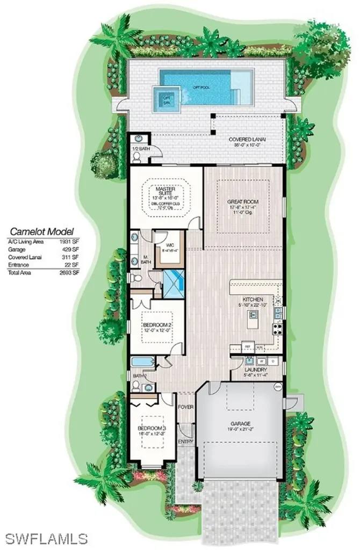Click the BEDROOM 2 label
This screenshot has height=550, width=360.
[156, 325]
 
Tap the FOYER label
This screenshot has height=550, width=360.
[186, 407]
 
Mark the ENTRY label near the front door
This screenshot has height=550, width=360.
[185, 442]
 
